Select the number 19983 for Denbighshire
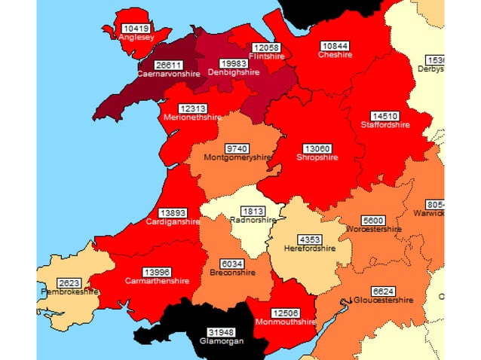[233, 63]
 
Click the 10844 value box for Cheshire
[335, 45]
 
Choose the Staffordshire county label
[385, 125]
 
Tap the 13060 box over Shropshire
[317, 148]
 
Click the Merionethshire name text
[192, 117]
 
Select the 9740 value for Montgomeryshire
[237, 148]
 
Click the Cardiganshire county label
[174, 221]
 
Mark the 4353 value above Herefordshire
[300, 239]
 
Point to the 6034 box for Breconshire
[231, 264]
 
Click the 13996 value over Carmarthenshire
[158, 271]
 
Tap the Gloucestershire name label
[383, 300]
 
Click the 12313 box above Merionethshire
[193, 108]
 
